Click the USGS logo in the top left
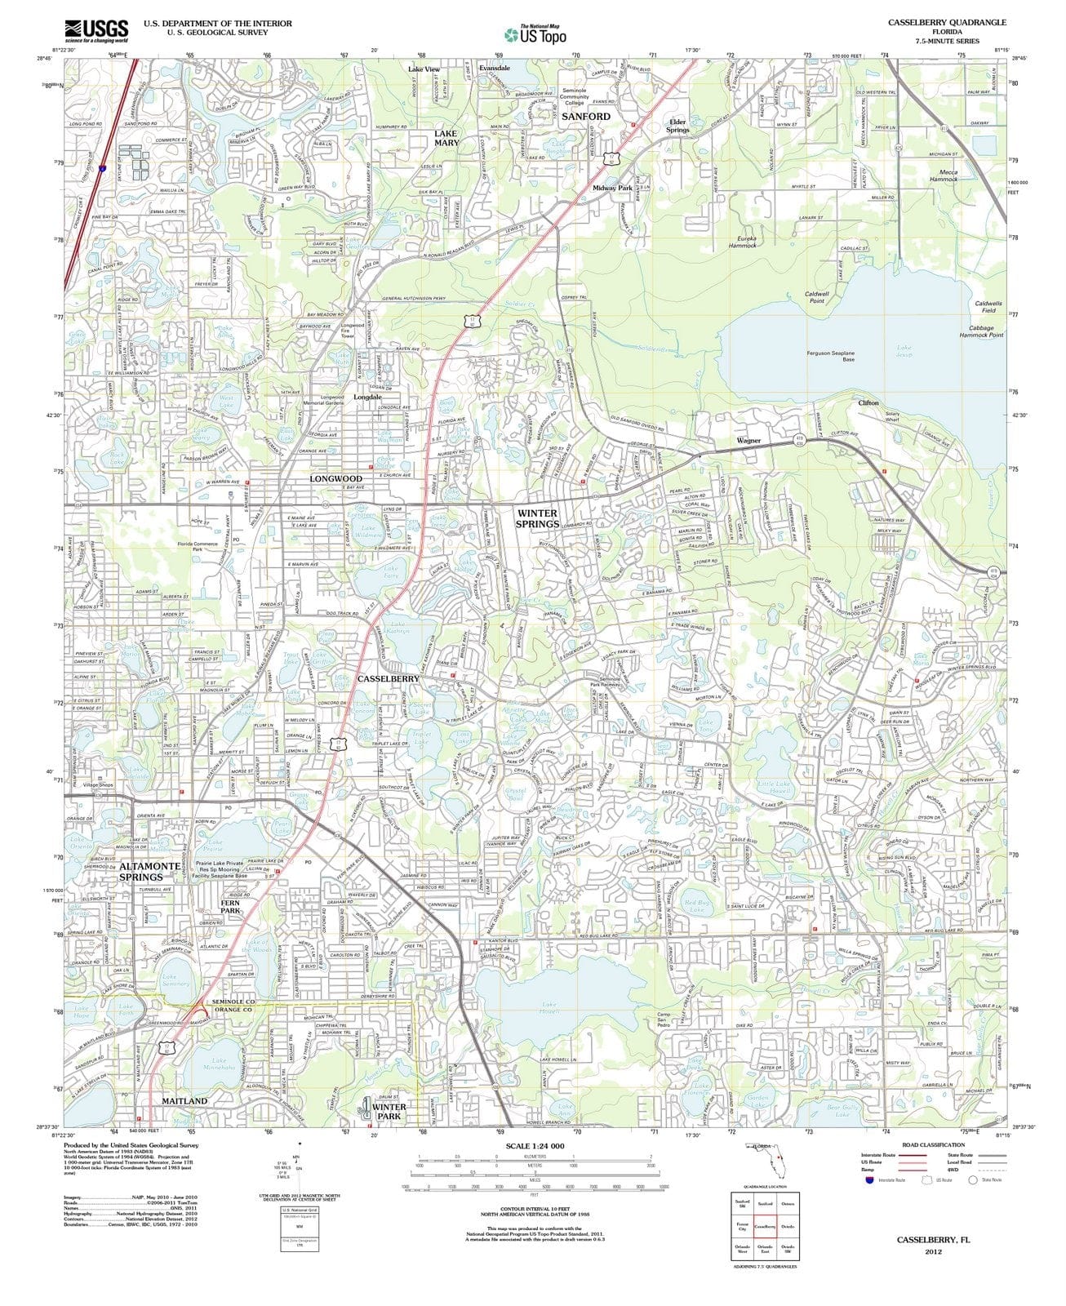click(x=96, y=30)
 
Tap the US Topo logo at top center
click(x=535, y=34)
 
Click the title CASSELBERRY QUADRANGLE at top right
click(x=947, y=22)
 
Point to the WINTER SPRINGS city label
click(x=538, y=518)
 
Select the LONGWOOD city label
click(x=335, y=478)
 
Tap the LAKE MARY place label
click(x=446, y=137)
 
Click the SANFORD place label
click(x=585, y=117)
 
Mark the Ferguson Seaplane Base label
click(x=830, y=356)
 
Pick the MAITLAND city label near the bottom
click(x=184, y=1101)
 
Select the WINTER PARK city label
click(x=389, y=1112)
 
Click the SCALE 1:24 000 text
click(x=535, y=1146)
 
